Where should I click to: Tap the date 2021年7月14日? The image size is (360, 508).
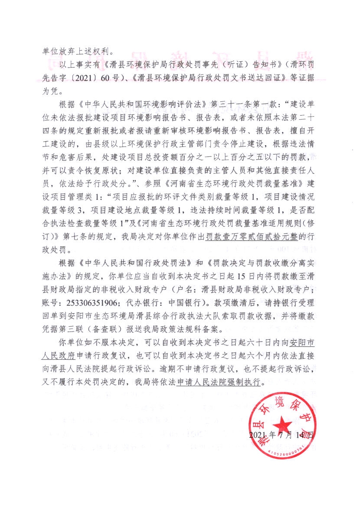pyautogui.click(x=281, y=435)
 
